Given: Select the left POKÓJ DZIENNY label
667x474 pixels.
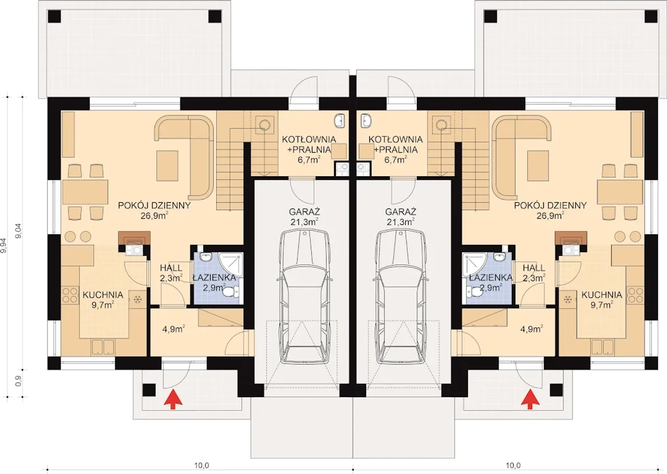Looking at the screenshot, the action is click(154, 210).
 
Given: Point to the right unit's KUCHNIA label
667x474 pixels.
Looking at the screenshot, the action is click(602, 299).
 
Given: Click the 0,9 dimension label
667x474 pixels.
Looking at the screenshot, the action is click(18, 383).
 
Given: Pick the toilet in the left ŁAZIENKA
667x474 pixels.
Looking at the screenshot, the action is click(231, 292).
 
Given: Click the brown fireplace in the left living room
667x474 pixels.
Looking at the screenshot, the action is click(134, 238).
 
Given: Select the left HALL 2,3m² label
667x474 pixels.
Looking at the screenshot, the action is click(171, 273).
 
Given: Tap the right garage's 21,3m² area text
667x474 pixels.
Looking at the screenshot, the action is click(401, 222).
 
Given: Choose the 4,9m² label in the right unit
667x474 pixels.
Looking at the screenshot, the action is click(532, 329).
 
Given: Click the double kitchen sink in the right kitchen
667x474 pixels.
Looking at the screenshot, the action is click(602, 347).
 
